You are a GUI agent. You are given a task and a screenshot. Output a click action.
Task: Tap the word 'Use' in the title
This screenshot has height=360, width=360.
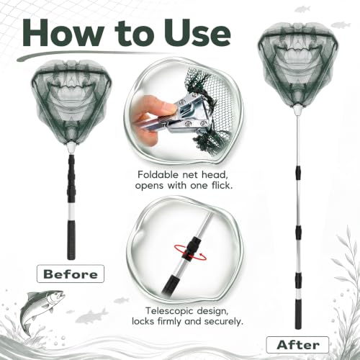click(197, 32)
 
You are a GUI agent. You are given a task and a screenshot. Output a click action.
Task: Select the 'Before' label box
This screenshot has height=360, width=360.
click(71, 274)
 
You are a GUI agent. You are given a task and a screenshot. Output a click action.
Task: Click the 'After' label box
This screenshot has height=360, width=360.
click(297, 345)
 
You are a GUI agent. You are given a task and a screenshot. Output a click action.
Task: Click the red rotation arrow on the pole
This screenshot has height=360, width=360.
click(190, 253)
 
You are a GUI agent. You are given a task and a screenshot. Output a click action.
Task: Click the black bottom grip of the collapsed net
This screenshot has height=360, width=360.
click(71, 240)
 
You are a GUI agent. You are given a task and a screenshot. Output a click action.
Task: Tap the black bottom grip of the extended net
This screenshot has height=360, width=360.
click(298, 314)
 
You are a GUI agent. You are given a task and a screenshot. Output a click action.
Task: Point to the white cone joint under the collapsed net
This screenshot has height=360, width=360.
click(71, 148)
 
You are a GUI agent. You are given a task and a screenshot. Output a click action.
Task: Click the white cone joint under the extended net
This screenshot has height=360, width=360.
click(297, 110)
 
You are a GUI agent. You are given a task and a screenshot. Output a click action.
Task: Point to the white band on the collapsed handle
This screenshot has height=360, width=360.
click(71, 212)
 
